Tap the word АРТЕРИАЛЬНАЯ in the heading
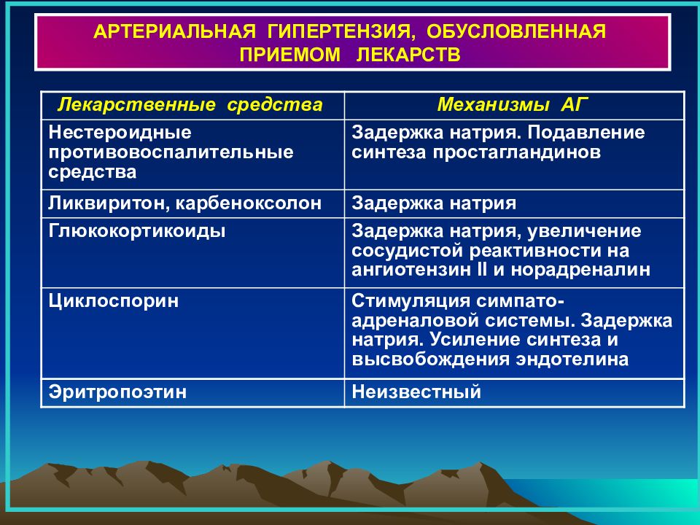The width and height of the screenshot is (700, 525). point(175,32)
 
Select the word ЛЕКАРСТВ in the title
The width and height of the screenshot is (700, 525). point(408,55)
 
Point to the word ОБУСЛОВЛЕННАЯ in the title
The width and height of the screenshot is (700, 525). point(516,31)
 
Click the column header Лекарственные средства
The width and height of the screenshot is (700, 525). point(190,105)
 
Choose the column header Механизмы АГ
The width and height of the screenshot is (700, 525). point(513,104)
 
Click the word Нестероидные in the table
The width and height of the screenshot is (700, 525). point(120,133)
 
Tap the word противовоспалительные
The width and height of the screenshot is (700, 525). point(171,152)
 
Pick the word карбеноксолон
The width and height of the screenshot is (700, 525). point(248,204)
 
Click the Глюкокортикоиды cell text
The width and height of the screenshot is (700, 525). point(137,232)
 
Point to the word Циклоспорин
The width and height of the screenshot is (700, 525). point(114,301)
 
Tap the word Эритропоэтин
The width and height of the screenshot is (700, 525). point(117,392)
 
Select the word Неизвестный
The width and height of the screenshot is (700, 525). point(416,392)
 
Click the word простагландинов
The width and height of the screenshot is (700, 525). point(516,152)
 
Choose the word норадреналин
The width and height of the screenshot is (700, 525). point(580,271)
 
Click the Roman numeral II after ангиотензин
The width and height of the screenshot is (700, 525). point(482,270)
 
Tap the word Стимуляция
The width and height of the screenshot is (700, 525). point(411,301)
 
